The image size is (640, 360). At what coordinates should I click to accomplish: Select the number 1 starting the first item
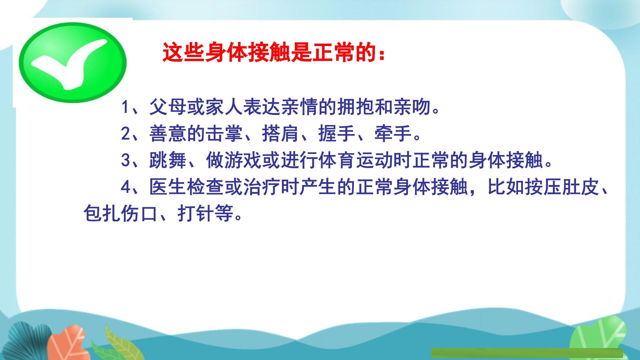click(125, 107)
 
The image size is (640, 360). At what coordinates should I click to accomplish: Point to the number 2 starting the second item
click(125, 134)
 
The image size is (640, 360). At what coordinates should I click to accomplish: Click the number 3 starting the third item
click(125, 160)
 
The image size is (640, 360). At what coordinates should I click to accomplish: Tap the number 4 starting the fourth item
click(125, 187)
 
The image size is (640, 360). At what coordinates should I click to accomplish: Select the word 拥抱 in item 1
click(356, 107)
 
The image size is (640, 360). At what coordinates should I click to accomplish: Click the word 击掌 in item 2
click(224, 134)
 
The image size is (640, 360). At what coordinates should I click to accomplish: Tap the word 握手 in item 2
click(337, 134)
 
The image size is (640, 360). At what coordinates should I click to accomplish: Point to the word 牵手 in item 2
click(393, 134)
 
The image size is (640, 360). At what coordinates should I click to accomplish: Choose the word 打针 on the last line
click(196, 214)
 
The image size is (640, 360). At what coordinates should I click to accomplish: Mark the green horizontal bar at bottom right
click(527, 353)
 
